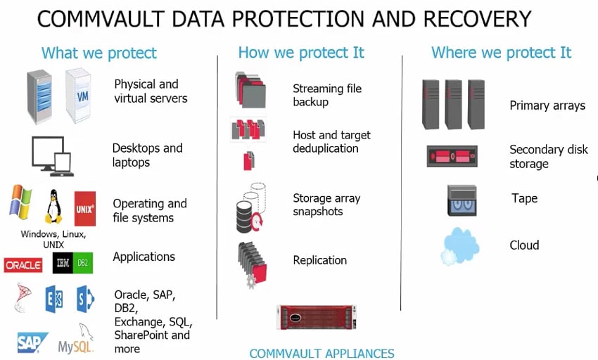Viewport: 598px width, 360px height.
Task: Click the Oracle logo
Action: tap(23, 265)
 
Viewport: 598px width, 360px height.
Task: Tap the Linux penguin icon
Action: tap(53, 207)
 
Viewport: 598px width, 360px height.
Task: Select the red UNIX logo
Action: tap(84, 209)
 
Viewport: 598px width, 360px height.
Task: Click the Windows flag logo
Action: tap(20, 202)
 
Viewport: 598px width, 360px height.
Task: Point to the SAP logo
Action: tap(32, 342)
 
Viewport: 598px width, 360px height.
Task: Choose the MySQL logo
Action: tap(76, 339)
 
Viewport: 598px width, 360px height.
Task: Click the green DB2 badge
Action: tap(83, 263)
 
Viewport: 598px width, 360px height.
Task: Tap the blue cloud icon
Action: tap(460, 246)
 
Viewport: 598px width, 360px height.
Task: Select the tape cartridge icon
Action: tap(462, 200)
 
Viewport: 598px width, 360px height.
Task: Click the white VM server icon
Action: tap(79, 96)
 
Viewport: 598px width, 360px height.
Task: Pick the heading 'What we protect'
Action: tap(99, 53)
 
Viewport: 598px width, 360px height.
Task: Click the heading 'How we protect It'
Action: tap(301, 53)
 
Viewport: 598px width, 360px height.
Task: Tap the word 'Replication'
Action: tap(320, 260)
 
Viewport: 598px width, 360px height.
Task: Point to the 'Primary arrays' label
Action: tap(547, 105)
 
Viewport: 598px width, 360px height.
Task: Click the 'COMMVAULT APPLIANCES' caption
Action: tap(322, 354)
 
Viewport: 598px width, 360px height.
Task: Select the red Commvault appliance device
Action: tap(316, 317)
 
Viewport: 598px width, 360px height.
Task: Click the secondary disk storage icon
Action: tap(452, 156)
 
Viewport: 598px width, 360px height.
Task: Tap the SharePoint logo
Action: tap(85, 299)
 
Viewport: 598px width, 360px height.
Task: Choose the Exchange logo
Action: tap(54, 299)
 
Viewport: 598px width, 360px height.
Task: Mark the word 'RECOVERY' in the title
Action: tap(477, 19)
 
